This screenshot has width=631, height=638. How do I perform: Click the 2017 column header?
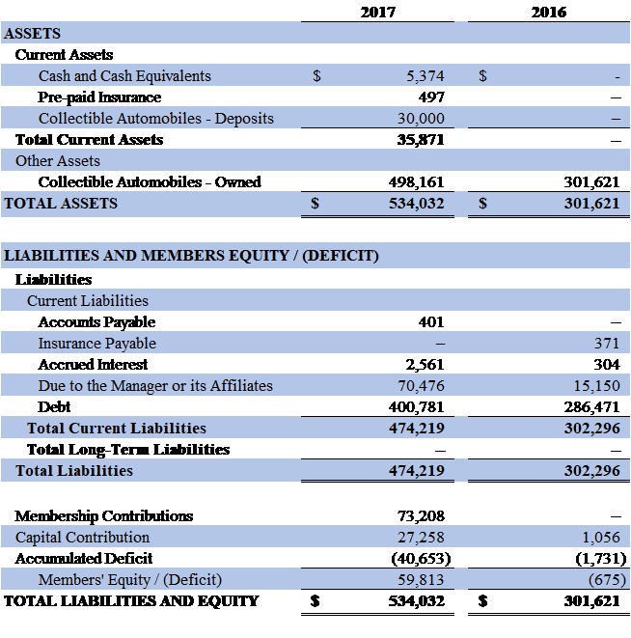coord(379,13)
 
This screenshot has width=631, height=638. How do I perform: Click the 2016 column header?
coord(549,13)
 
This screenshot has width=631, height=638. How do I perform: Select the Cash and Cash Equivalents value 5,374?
coord(425,76)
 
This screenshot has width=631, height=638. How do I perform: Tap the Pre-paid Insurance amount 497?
coord(431,97)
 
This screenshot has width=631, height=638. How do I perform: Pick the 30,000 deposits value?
coord(422,119)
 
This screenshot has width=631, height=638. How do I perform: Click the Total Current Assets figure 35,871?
coord(422,140)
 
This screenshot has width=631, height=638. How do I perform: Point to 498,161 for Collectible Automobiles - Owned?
coord(418,182)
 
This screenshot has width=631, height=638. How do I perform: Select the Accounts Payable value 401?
coord(431,322)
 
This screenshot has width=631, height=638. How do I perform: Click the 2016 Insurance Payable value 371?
coord(607,344)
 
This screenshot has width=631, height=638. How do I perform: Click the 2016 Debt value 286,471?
coord(591,407)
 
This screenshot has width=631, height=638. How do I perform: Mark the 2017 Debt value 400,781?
coord(418,407)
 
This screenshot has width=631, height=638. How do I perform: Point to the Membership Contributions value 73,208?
coord(422,516)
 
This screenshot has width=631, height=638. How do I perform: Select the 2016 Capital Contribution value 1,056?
coord(602,538)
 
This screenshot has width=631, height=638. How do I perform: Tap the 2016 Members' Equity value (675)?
coord(603,580)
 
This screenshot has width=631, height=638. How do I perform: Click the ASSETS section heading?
coord(33,34)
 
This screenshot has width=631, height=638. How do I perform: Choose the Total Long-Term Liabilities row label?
coord(128,450)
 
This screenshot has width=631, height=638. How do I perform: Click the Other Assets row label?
coord(58,161)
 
